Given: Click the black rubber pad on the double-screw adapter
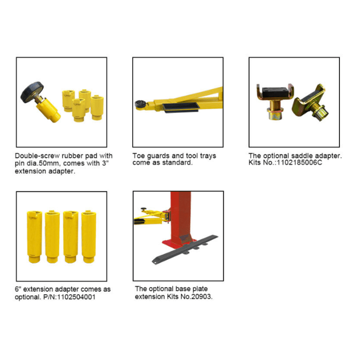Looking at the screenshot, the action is [x=32, y=92].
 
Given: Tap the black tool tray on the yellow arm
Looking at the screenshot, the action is [x=181, y=107].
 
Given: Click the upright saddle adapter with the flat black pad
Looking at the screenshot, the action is [x=275, y=101].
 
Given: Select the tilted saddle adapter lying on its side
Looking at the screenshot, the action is [x=310, y=102].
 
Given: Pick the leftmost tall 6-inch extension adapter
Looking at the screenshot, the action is [x=34, y=237].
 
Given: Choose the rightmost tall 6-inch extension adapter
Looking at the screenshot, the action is [x=88, y=237].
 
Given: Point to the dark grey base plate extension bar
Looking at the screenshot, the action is [x=185, y=249].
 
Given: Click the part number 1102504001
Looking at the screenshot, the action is [x=76, y=297].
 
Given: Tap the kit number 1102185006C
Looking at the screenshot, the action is [x=299, y=163].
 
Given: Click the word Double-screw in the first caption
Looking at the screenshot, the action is [x=38, y=156].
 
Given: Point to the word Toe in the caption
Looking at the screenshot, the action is [x=138, y=156].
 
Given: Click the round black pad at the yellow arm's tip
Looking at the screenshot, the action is [x=139, y=104].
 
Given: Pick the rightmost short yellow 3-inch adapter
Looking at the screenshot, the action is [x=97, y=107].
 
